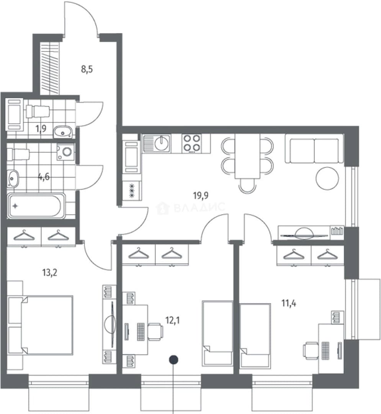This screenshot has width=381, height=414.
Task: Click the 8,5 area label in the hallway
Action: click(x=87, y=70)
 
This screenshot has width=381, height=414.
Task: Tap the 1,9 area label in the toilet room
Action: click(x=41, y=128)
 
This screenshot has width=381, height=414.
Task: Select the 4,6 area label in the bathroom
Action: click(x=44, y=176)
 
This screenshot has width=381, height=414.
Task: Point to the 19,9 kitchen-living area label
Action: click(x=201, y=195)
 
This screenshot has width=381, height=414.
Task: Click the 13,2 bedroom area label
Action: click(x=49, y=272)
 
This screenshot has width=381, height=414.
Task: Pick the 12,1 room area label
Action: click(x=173, y=320)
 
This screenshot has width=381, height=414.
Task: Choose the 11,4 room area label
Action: click(x=289, y=303)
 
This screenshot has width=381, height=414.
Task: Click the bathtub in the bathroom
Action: click(x=36, y=206)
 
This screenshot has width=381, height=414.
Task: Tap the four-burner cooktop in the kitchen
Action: click(x=192, y=144)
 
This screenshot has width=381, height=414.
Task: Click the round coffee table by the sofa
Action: click(x=327, y=178)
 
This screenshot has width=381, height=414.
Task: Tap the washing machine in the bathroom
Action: click(x=66, y=151)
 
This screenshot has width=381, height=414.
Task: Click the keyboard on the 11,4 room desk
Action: click(x=326, y=351)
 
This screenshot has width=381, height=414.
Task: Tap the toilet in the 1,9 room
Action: click(x=38, y=112)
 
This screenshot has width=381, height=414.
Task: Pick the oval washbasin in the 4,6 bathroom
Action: click(x=12, y=179)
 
